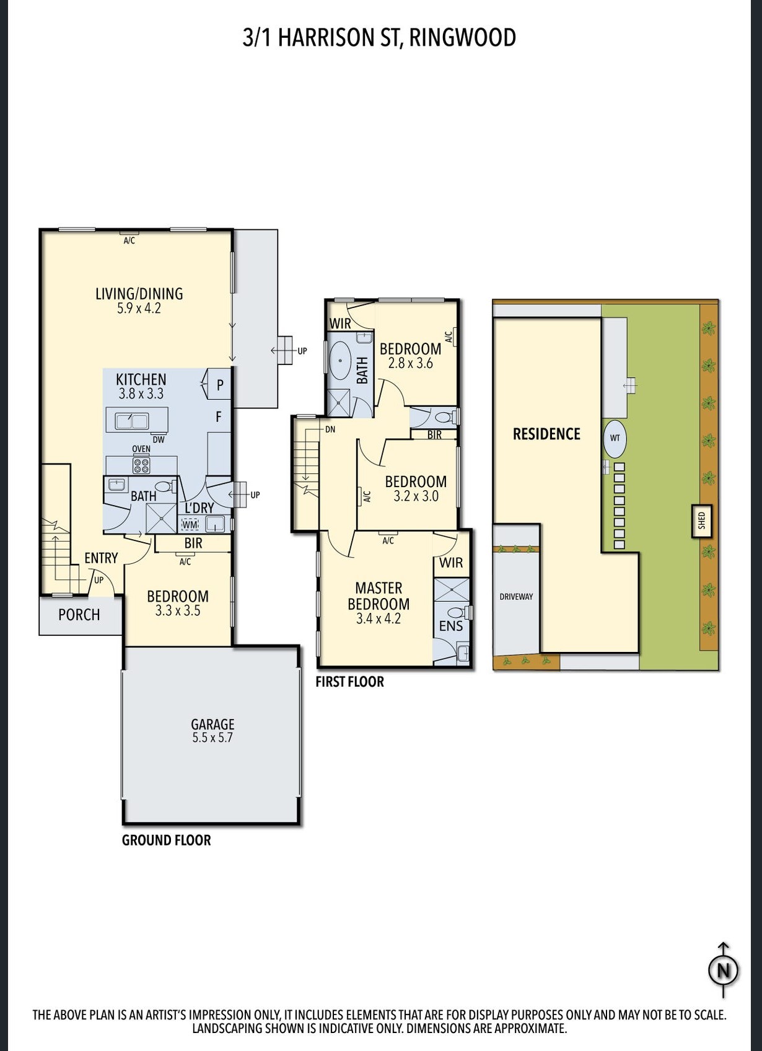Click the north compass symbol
point(724,970)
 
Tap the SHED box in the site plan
point(702,521)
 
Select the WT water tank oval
point(615,438)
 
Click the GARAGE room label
point(212,724)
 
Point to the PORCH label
point(79,615)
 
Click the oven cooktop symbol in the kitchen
point(141,465)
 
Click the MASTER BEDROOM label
point(379,596)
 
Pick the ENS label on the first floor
point(450,625)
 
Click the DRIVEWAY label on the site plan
point(516,597)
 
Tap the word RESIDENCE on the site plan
point(547,434)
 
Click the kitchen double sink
point(132,421)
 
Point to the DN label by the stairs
point(330,429)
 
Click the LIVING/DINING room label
point(139,294)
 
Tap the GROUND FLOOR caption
point(167,840)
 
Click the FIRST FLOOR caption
point(350,682)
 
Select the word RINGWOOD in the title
point(463,38)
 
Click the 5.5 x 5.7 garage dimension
point(212,737)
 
